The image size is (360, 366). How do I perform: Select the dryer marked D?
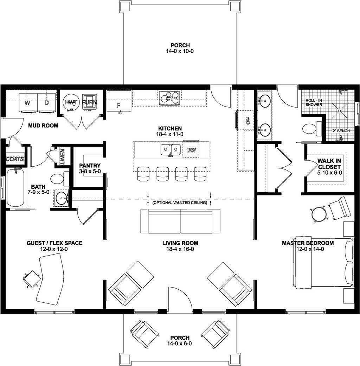(x=47, y=103)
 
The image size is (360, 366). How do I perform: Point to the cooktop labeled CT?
(x=170, y=98)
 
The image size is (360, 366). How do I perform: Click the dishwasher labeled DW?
(x=191, y=150)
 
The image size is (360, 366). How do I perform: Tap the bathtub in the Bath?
(x=15, y=188)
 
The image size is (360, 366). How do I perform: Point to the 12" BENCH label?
(x=340, y=131)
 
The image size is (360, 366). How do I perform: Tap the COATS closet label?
(x=15, y=159)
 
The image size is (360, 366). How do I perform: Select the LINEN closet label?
(x=63, y=156)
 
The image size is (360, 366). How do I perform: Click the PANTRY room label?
(x=90, y=166)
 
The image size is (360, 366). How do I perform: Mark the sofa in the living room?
(x=180, y=221)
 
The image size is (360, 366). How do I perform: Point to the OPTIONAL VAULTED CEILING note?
(x=180, y=203)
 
